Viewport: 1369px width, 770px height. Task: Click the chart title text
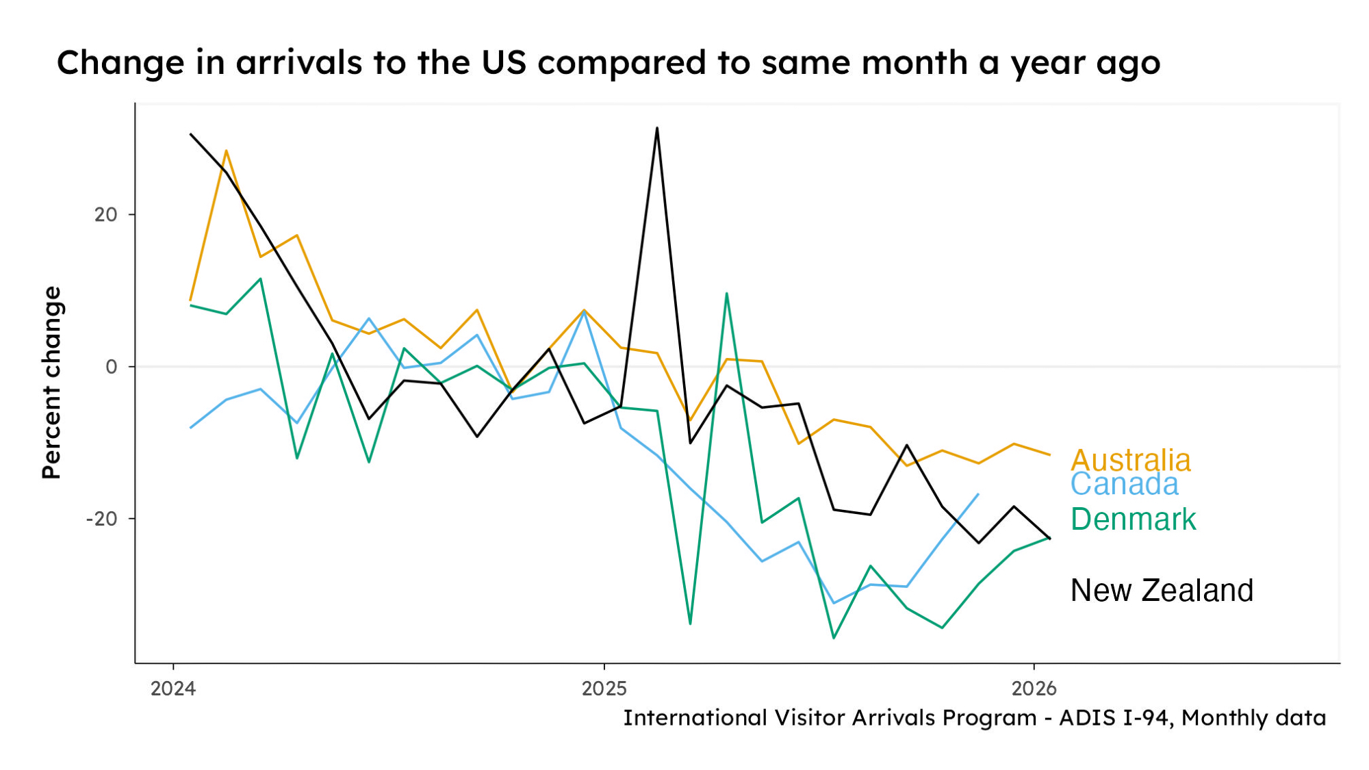click(x=608, y=63)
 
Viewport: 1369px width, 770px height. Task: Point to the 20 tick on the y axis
click(x=106, y=215)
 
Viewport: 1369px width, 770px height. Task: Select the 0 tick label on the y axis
click(x=111, y=367)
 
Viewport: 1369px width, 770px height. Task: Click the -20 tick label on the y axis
click(x=102, y=519)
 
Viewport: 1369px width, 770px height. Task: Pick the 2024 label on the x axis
click(x=173, y=688)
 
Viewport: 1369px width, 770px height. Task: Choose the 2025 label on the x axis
click(x=604, y=688)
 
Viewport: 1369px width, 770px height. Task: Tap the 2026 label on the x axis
click(x=1034, y=688)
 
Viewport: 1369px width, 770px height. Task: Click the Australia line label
click(x=1130, y=460)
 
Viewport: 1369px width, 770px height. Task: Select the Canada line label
click(x=1124, y=485)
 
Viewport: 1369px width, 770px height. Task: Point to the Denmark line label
click(x=1133, y=519)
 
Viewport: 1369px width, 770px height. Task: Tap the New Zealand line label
click(x=1162, y=590)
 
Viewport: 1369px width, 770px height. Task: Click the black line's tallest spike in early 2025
click(x=656, y=128)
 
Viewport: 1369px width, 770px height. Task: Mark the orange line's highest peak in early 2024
click(x=226, y=151)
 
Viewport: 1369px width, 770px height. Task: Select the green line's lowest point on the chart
click(x=834, y=638)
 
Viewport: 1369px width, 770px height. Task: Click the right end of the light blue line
click(x=978, y=494)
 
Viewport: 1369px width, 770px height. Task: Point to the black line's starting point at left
click(x=190, y=134)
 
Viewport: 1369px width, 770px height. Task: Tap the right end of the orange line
click(x=1049, y=454)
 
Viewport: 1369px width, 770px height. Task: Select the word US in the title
click(x=504, y=63)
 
